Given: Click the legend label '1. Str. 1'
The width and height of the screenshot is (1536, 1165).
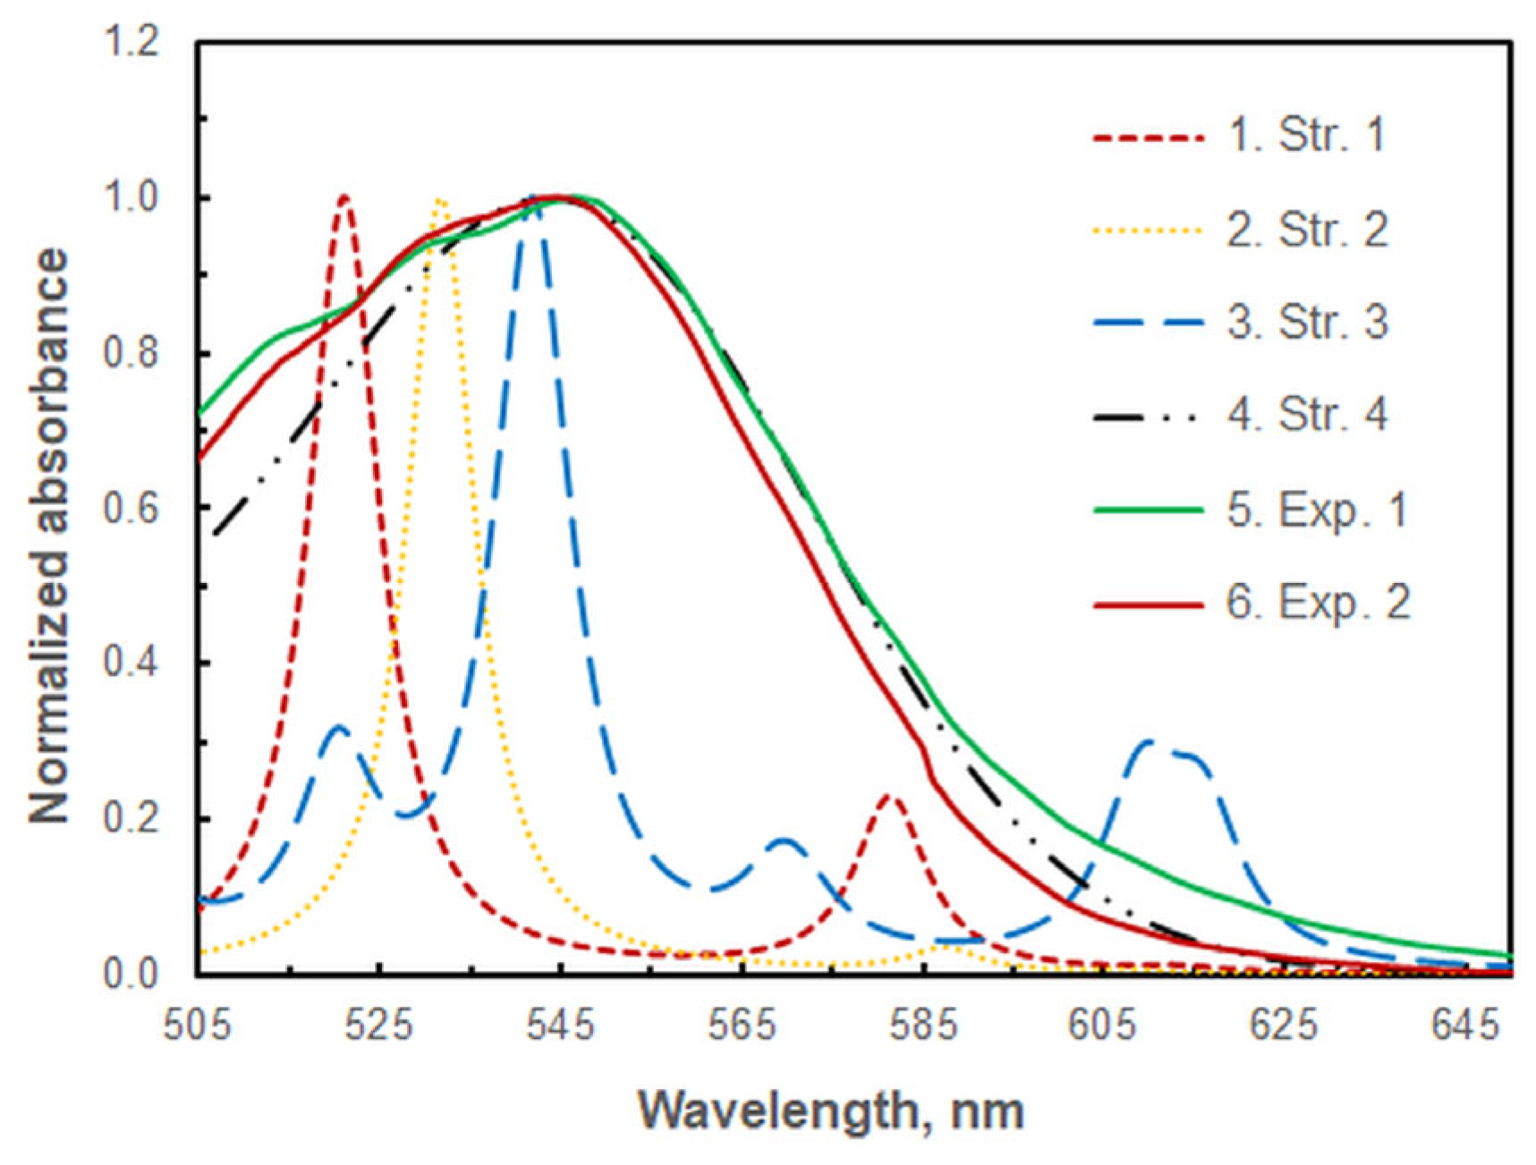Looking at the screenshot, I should point(1305,136).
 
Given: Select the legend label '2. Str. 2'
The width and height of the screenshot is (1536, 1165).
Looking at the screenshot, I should point(1307,230).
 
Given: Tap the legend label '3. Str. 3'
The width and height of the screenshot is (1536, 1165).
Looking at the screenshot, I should point(1307,322).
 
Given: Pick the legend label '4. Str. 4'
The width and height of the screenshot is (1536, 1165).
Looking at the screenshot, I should point(1307,415).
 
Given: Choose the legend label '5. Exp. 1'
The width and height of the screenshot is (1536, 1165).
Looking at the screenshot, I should point(1317,511).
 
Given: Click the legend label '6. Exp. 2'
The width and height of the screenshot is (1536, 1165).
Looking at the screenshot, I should point(1318,603).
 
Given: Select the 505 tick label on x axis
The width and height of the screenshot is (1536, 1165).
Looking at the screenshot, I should point(198,1025).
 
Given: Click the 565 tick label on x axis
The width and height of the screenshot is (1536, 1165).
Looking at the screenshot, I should point(742,1025).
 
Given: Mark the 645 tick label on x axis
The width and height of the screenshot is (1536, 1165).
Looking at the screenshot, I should point(1464,1025).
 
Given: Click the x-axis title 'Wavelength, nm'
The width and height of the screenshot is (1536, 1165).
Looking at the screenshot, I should point(831,1111).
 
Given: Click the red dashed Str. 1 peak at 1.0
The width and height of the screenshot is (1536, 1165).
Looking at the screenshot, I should point(344,198).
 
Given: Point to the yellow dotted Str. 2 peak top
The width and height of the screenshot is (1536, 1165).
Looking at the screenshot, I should point(439,201).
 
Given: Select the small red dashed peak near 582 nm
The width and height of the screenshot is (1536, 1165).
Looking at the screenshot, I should point(889,795).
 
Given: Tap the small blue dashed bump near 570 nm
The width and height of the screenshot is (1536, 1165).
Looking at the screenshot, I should point(784,840).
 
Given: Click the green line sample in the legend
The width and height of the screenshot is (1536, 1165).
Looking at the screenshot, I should point(1149,511).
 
